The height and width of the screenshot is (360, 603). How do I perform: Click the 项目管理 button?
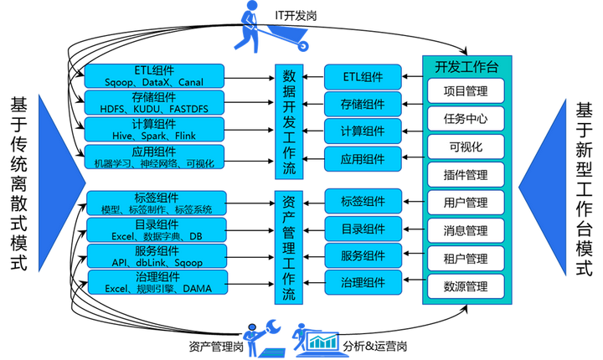click(x=466, y=90)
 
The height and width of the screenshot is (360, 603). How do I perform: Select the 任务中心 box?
click(x=466, y=119)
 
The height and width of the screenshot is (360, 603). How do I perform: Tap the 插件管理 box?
click(x=466, y=175)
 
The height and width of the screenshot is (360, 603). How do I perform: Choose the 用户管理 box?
click(x=466, y=203)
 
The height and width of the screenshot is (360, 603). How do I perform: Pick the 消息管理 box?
click(x=466, y=230)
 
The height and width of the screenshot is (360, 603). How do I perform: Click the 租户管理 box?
click(x=466, y=259)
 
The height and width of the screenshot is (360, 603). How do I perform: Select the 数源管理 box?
click(x=466, y=286)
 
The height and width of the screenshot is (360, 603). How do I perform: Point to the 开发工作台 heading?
click(x=466, y=65)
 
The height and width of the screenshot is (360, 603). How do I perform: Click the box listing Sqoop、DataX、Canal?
click(x=155, y=76)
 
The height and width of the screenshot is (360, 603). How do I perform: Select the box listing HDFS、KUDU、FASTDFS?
click(x=155, y=103)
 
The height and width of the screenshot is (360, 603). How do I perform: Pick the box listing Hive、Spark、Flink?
click(x=155, y=129)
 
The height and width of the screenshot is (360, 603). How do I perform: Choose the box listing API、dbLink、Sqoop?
click(x=155, y=256)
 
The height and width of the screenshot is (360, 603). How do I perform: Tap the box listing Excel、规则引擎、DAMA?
click(x=155, y=283)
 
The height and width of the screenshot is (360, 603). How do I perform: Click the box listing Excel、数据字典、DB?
click(x=155, y=230)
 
